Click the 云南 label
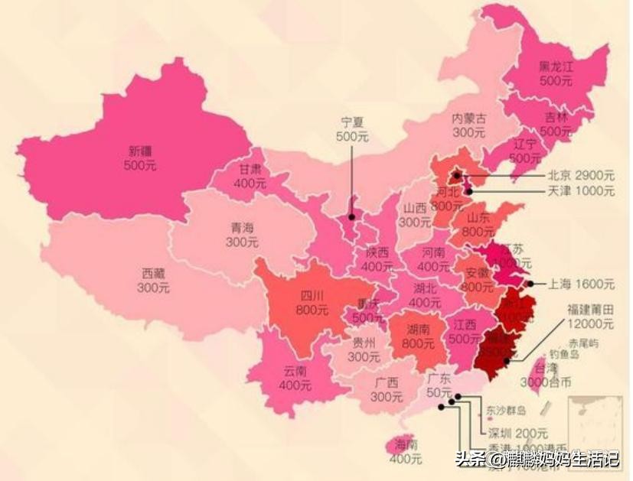[x=295, y=371]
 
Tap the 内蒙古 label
[x=468, y=119]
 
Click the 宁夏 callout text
[x=352, y=122]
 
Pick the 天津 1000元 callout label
[x=582, y=190]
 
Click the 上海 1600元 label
[x=582, y=284]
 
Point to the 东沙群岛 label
[x=507, y=408]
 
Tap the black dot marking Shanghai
[x=530, y=284]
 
